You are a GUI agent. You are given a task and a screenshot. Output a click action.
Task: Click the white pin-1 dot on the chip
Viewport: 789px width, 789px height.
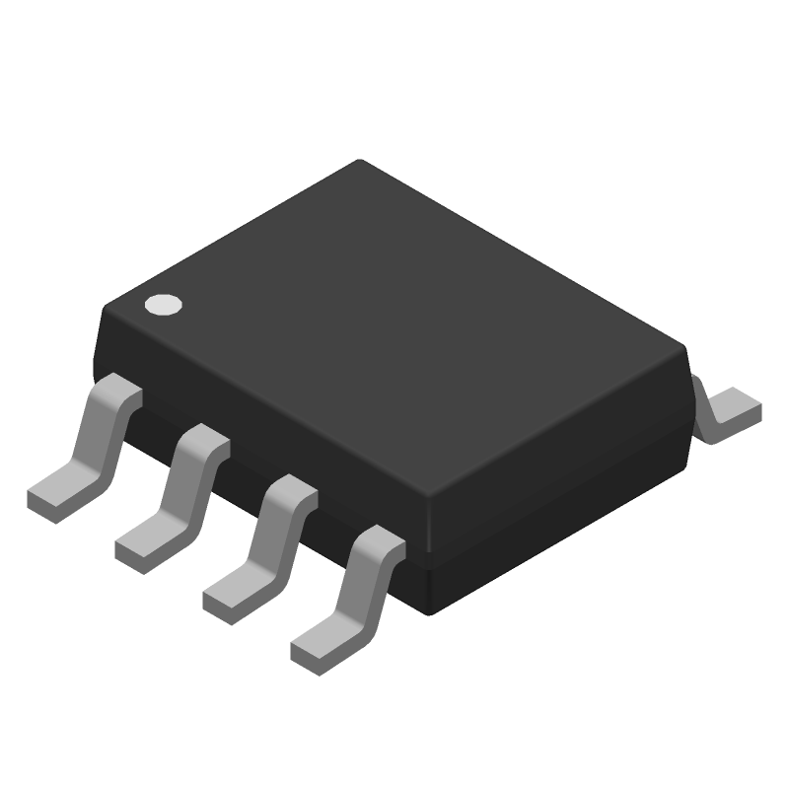[163, 306]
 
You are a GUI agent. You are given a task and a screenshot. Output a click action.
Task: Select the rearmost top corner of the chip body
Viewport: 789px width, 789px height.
[360, 163]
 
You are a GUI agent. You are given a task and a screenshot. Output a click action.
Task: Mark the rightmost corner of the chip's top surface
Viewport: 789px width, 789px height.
[682, 347]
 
